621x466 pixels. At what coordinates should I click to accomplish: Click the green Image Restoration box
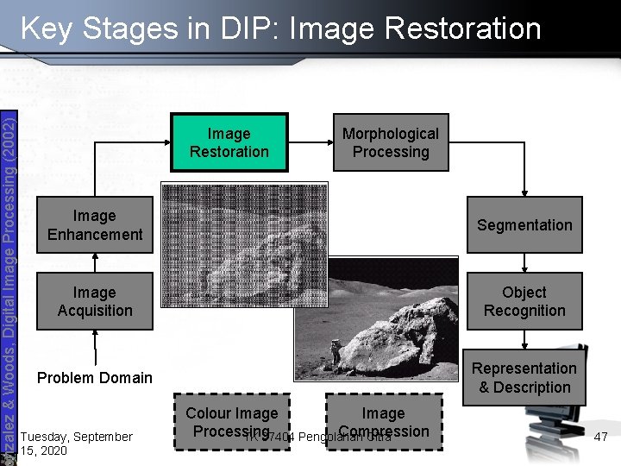tap(229, 143)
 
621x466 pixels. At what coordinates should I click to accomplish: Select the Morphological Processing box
tap(390, 143)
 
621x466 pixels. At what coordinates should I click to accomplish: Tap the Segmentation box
tap(524, 225)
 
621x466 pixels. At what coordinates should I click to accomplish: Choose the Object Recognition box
tap(524, 301)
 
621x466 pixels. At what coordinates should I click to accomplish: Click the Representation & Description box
tap(524, 378)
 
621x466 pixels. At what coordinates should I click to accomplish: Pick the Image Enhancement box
tap(95, 225)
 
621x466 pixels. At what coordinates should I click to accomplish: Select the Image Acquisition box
tap(95, 301)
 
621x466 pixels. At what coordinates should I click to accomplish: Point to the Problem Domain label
tap(95, 378)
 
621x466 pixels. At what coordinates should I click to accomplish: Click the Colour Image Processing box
tap(231, 422)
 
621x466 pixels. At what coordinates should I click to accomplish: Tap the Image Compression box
tap(383, 422)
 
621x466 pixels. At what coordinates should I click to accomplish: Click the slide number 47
tap(601, 438)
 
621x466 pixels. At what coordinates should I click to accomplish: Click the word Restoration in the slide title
tap(463, 28)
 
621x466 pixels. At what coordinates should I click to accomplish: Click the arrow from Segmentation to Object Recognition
tap(524, 263)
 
